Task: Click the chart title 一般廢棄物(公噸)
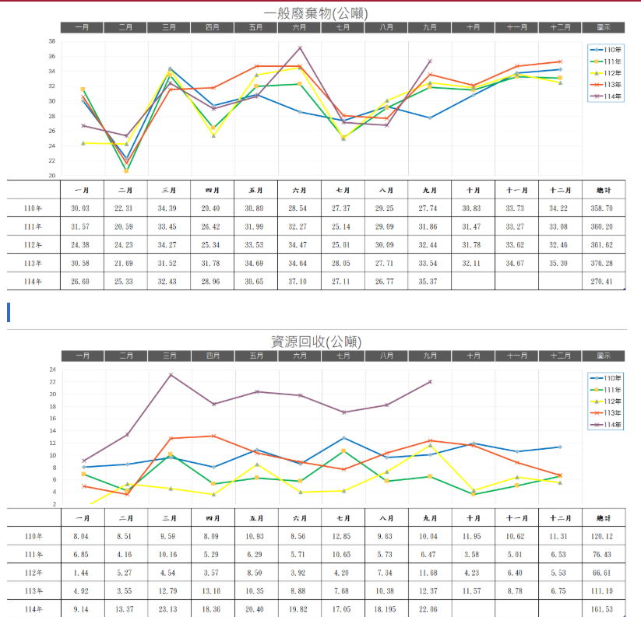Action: [x=315, y=13]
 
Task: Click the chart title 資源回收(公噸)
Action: [x=315, y=342]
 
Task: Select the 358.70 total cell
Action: [x=603, y=209]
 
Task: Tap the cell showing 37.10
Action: [x=299, y=281]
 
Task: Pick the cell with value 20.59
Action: [x=125, y=226]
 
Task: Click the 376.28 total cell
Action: [x=603, y=263]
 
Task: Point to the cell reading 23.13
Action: [x=168, y=609]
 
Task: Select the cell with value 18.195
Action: [x=386, y=609]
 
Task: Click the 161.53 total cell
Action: [x=603, y=609]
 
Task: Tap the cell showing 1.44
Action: [x=81, y=573]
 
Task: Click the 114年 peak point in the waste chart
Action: [x=300, y=48]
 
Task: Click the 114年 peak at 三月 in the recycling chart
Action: [x=170, y=375]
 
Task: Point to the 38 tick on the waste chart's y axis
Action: [x=51, y=41]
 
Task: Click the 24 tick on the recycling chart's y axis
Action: [x=53, y=370]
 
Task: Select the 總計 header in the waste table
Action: [x=603, y=190]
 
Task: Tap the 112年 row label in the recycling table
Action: [x=33, y=573]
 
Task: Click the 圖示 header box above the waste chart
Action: [x=603, y=27]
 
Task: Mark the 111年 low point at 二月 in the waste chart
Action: [x=126, y=170]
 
